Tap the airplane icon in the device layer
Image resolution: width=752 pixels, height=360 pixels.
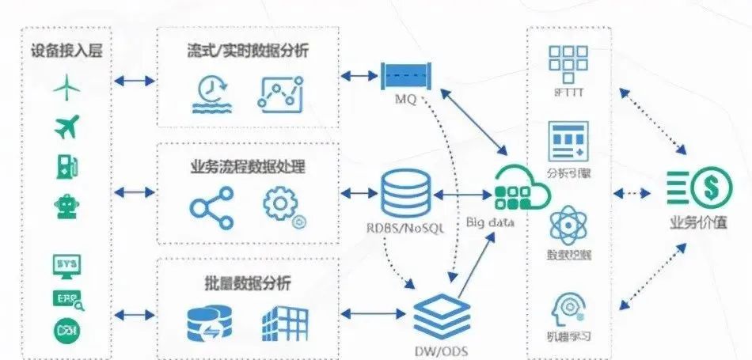point(66,127)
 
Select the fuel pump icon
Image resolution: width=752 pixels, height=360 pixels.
point(66,165)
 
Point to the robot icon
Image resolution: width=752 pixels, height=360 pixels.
point(66,204)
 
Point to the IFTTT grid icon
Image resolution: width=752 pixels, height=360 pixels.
point(566,64)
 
